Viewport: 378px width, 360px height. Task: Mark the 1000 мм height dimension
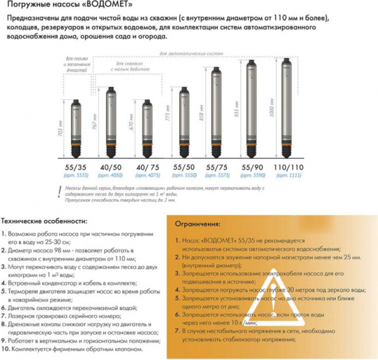coord(273,107)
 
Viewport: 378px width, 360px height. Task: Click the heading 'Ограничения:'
coord(199,224)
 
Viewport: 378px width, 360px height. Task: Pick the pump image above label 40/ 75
coord(148,129)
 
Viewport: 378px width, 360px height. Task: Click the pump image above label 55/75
coord(218,113)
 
